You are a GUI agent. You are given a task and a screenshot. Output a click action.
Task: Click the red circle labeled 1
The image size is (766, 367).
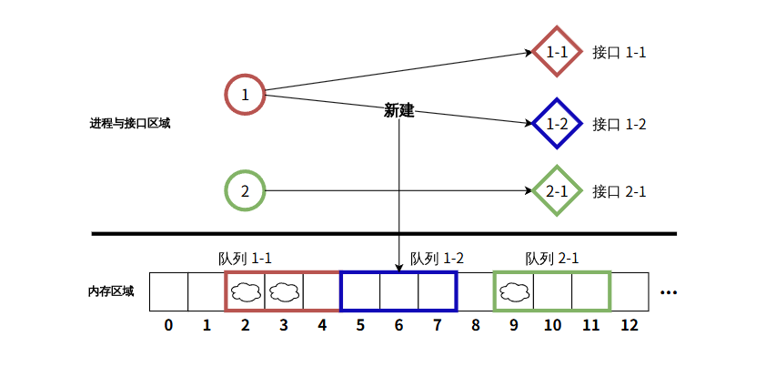pyautogui.click(x=245, y=94)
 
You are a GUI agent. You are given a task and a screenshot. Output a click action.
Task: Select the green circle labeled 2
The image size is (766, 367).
pyautogui.click(x=245, y=191)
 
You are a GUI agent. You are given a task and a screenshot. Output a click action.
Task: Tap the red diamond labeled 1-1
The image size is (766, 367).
pyautogui.click(x=556, y=52)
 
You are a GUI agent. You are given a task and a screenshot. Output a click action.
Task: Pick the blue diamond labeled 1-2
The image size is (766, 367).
pyautogui.click(x=556, y=123)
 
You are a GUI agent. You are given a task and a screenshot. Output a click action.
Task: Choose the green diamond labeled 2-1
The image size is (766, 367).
pyautogui.click(x=556, y=191)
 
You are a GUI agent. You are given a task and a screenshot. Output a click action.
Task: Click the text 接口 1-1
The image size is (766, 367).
pyautogui.click(x=619, y=52)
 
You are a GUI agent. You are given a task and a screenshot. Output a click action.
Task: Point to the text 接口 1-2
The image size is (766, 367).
pyautogui.click(x=619, y=124)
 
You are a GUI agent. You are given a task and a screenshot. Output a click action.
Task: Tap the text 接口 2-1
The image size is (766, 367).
pyautogui.click(x=619, y=191)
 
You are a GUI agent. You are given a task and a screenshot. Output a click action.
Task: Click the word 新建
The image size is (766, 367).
pyautogui.click(x=398, y=111)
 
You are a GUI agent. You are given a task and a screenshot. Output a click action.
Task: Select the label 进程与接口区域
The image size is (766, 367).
pyautogui.click(x=130, y=124)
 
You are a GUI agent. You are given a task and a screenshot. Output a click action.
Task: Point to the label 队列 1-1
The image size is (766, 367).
pyautogui.click(x=246, y=258)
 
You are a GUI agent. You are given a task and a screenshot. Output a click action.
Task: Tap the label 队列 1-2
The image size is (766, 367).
pyautogui.click(x=437, y=258)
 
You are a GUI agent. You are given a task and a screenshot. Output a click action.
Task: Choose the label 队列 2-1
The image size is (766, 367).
pyautogui.click(x=552, y=258)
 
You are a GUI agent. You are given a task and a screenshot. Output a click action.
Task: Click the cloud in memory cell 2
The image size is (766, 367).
pyautogui.click(x=246, y=291)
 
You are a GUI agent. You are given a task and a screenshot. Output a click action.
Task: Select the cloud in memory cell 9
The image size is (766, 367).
pyautogui.click(x=514, y=291)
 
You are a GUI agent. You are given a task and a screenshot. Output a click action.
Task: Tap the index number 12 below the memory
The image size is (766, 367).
pyautogui.click(x=630, y=324)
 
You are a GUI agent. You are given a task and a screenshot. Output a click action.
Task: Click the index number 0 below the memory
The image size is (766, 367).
pyautogui.click(x=168, y=324)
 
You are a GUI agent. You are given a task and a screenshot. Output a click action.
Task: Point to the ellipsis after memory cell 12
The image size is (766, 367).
pyautogui.click(x=670, y=293)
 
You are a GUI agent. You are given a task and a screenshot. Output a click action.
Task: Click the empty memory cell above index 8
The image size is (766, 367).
pyautogui.click(x=475, y=291)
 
